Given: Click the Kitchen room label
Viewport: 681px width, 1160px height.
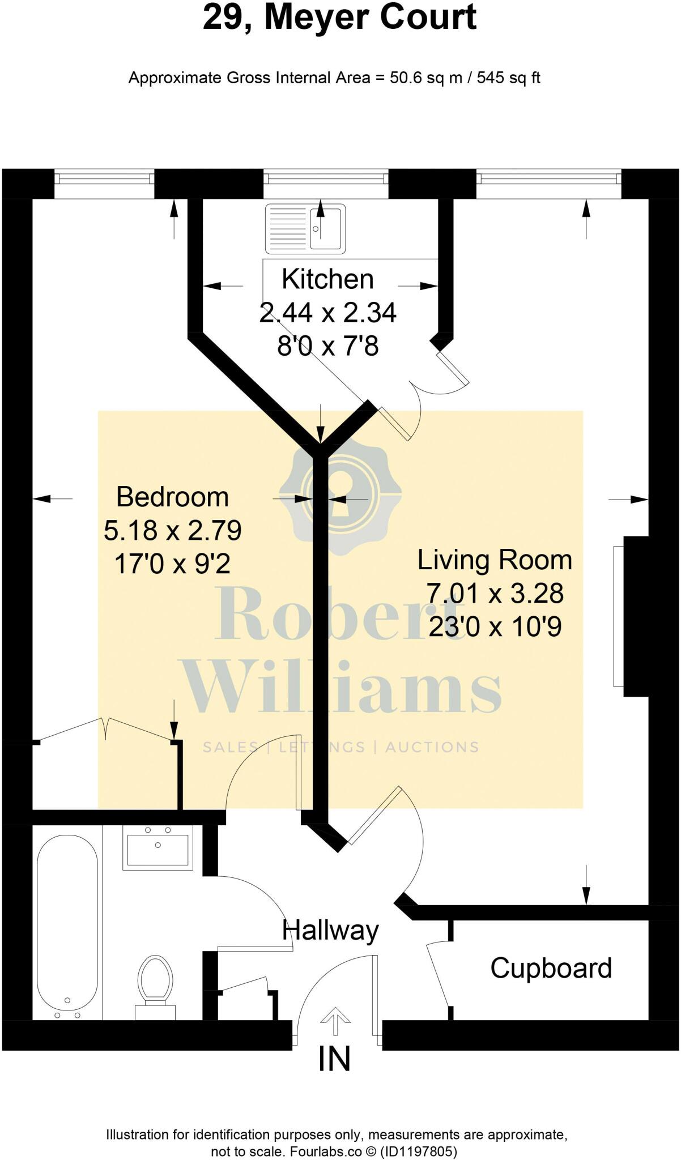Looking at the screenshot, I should (x=327, y=279).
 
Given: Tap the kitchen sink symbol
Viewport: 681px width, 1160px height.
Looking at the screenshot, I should (x=305, y=228).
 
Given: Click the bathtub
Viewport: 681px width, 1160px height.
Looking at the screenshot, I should (x=67, y=920).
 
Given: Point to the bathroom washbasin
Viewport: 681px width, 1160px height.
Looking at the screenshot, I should (x=158, y=848).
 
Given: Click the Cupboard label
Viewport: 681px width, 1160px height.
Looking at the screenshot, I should (x=551, y=968).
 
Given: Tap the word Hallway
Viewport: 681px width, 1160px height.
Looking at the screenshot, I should (x=330, y=930).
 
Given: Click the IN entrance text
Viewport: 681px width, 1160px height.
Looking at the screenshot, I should (x=334, y=1059).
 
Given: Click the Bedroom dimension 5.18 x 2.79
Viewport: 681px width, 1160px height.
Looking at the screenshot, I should (x=173, y=531).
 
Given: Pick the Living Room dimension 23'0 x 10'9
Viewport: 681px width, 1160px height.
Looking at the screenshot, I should (x=495, y=627).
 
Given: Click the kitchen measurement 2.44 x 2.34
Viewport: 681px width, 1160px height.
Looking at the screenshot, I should (x=327, y=313).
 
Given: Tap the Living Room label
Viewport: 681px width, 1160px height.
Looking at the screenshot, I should (x=495, y=560).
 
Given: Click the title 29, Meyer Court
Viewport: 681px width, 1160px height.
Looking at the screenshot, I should (x=339, y=18).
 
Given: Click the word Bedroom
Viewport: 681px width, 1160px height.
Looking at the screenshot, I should (x=172, y=497).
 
